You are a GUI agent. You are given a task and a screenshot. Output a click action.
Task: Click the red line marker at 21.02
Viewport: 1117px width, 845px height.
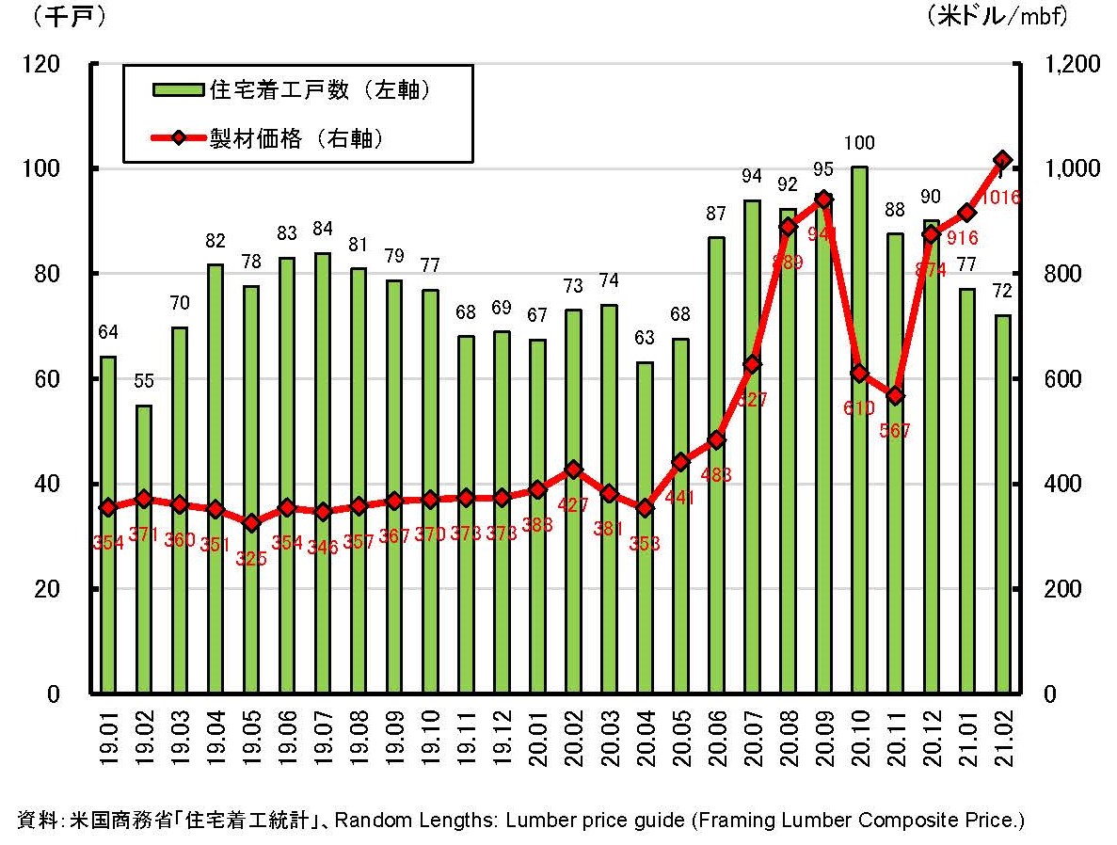[1002, 160]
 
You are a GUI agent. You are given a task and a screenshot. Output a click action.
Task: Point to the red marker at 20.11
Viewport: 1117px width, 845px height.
[895, 396]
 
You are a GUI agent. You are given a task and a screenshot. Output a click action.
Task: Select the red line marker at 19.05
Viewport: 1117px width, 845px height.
[251, 523]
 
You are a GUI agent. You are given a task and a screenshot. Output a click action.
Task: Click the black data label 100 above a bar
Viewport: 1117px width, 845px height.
[859, 143]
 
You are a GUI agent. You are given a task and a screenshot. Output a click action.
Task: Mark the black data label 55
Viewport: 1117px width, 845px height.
[144, 381]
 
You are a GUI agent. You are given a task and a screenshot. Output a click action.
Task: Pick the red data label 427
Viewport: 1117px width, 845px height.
[573, 504]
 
